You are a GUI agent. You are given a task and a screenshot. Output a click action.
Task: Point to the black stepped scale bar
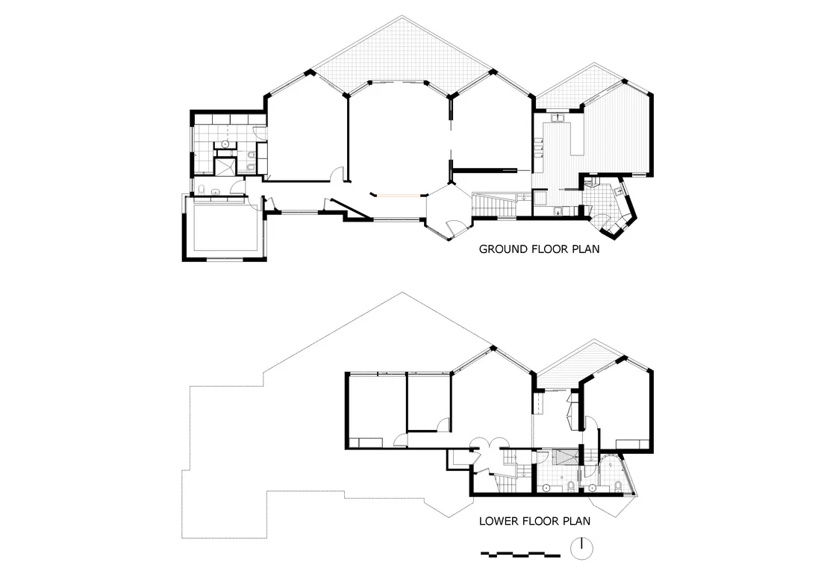point(520,554)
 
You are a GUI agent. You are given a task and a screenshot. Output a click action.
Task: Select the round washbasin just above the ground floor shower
point(225,141)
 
